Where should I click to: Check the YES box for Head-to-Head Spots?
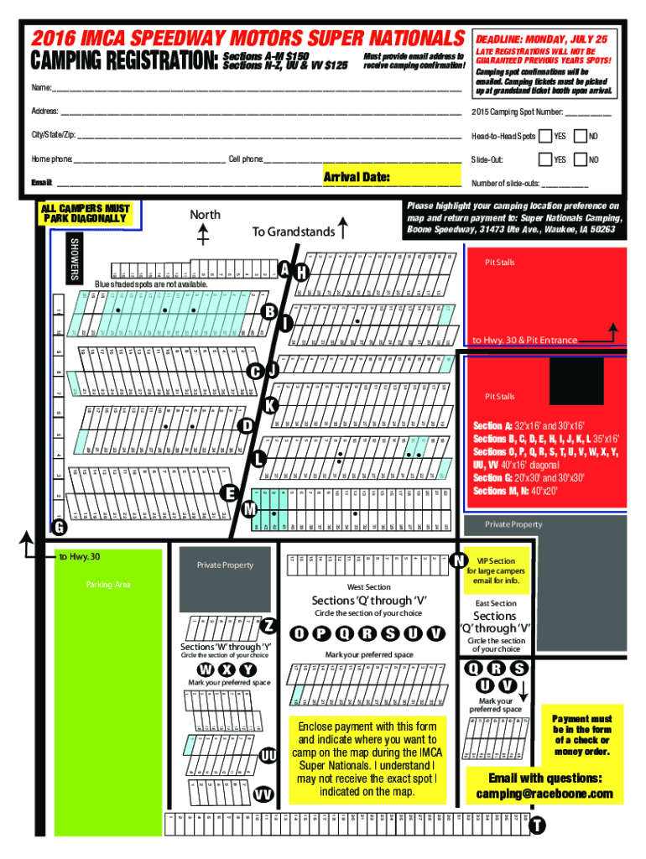(x=545, y=136)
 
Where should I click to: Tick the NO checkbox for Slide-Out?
(x=579, y=159)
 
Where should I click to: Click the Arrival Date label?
(x=357, y=176)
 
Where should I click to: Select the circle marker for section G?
(x=59, y=527)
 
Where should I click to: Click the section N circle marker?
(x=459, y=560)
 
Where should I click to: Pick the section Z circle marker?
(x=268, y=626)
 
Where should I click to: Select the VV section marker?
(x=264, y=794)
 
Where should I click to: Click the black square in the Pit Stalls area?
(x=576, y=382)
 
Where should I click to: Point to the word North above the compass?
(x=205, y=216)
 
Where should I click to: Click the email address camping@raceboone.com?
(x=544, y=794)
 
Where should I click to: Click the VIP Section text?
(x=497, y=560)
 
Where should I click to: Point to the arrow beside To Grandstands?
(x=344, y=229)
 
